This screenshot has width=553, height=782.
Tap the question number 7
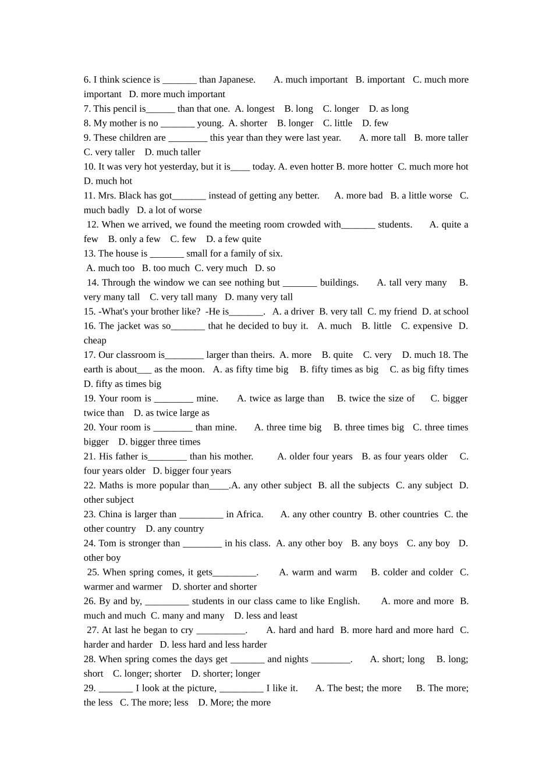pos(87,109)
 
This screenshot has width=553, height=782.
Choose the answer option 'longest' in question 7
pos(260,109)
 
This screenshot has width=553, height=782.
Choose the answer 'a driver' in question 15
pos(299,312)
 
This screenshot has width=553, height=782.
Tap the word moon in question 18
pos(193,369)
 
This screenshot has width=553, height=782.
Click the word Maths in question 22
pos(111,485)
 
